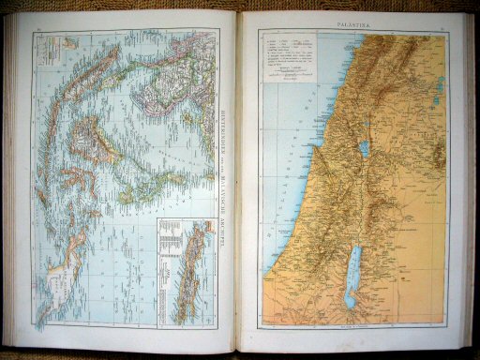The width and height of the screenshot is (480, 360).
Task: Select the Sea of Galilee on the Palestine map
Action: click(x=362, y=148)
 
